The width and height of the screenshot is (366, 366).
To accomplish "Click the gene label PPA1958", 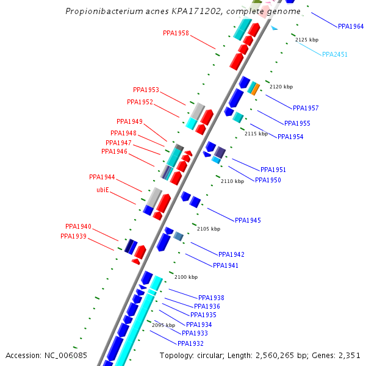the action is [x=176, y=33].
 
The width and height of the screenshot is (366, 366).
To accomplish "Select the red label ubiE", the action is [x=102, y=190].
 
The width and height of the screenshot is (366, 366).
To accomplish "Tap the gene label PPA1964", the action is [x=351, y=27].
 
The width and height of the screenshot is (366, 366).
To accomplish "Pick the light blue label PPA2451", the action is [x=335, y=54].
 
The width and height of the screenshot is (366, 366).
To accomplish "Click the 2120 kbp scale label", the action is [x=281, y=87].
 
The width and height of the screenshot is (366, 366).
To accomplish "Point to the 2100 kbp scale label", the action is [x=186, y=277].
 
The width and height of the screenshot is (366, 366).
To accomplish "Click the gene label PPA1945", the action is [x=248, y=220].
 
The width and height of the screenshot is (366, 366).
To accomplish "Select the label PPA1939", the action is [x=73, y=236].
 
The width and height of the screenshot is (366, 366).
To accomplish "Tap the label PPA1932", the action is [x=191, y=343].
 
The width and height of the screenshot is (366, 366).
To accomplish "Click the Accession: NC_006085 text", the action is [x=46, y=355].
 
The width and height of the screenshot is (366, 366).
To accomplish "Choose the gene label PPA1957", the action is [x=306, y=108].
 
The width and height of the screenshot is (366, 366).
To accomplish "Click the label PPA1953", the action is [x=146, y=90].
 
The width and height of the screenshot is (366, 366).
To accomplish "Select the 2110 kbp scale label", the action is [x=232, y=181].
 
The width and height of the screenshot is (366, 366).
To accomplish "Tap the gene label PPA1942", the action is [x=231, y=254].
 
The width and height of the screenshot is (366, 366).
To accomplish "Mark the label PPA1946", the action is [x=114, y=151].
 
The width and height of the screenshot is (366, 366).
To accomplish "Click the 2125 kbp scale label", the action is [x=307, y=40].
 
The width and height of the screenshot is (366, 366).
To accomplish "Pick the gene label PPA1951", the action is [x=273, y=170].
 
